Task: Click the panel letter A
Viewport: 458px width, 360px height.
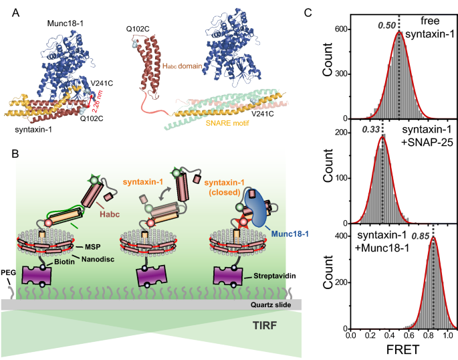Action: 7,8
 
